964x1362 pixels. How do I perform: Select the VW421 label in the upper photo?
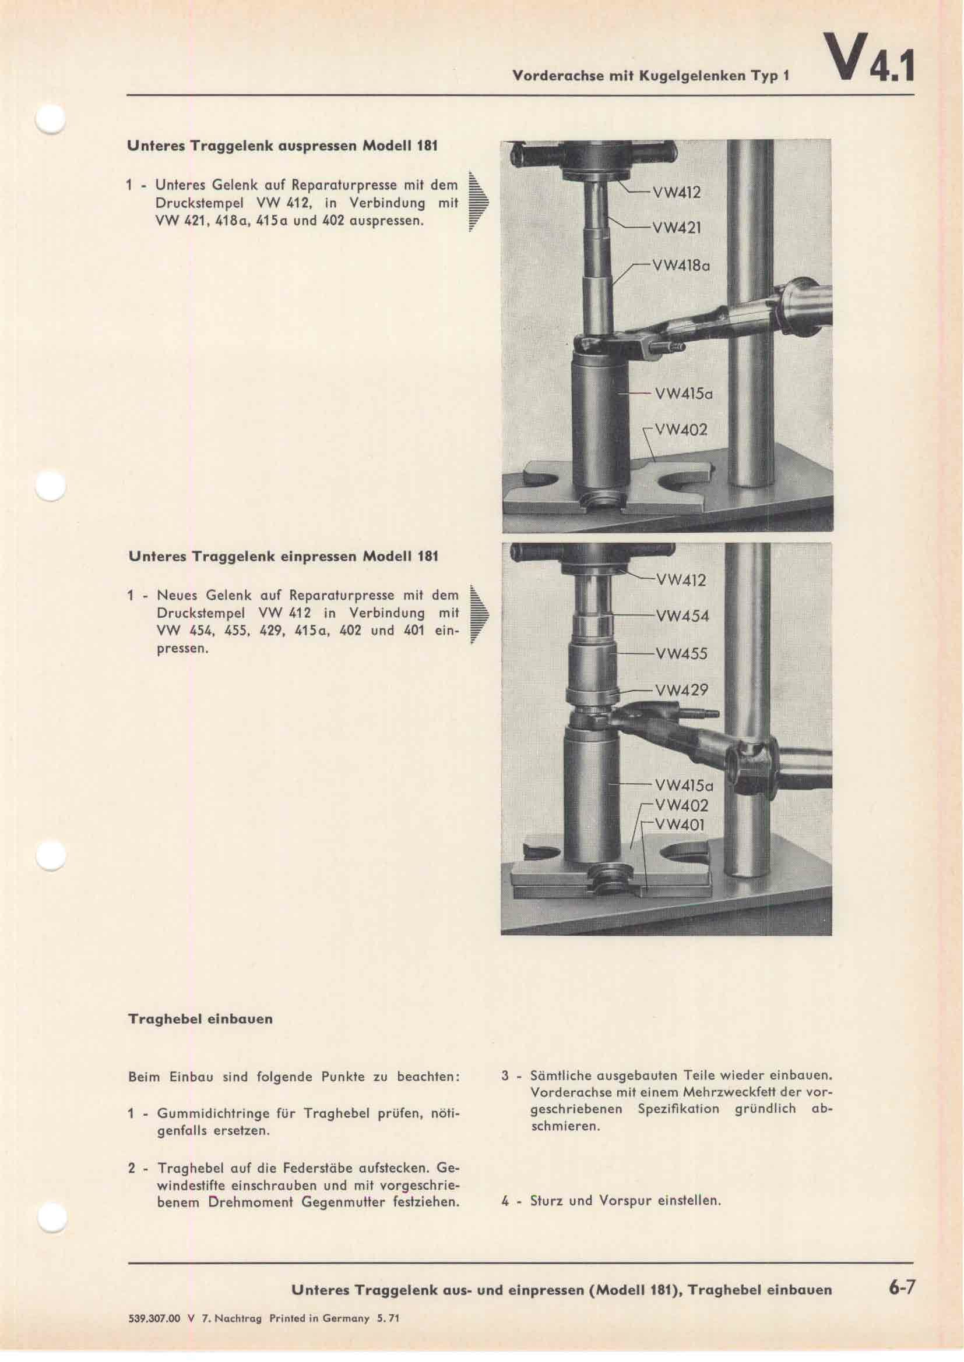[x=677, y=228]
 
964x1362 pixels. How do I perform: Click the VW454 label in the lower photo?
[x=681, y=615]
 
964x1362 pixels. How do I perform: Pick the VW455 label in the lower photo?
[x=681, y=654]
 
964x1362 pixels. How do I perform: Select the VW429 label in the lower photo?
[x=681, y=690]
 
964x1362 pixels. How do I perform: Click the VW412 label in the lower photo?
[x=680, y=579]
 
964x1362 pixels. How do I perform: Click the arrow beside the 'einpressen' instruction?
[x=478, y=614]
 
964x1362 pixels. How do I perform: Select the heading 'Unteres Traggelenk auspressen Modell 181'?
[x=283, y=146]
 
